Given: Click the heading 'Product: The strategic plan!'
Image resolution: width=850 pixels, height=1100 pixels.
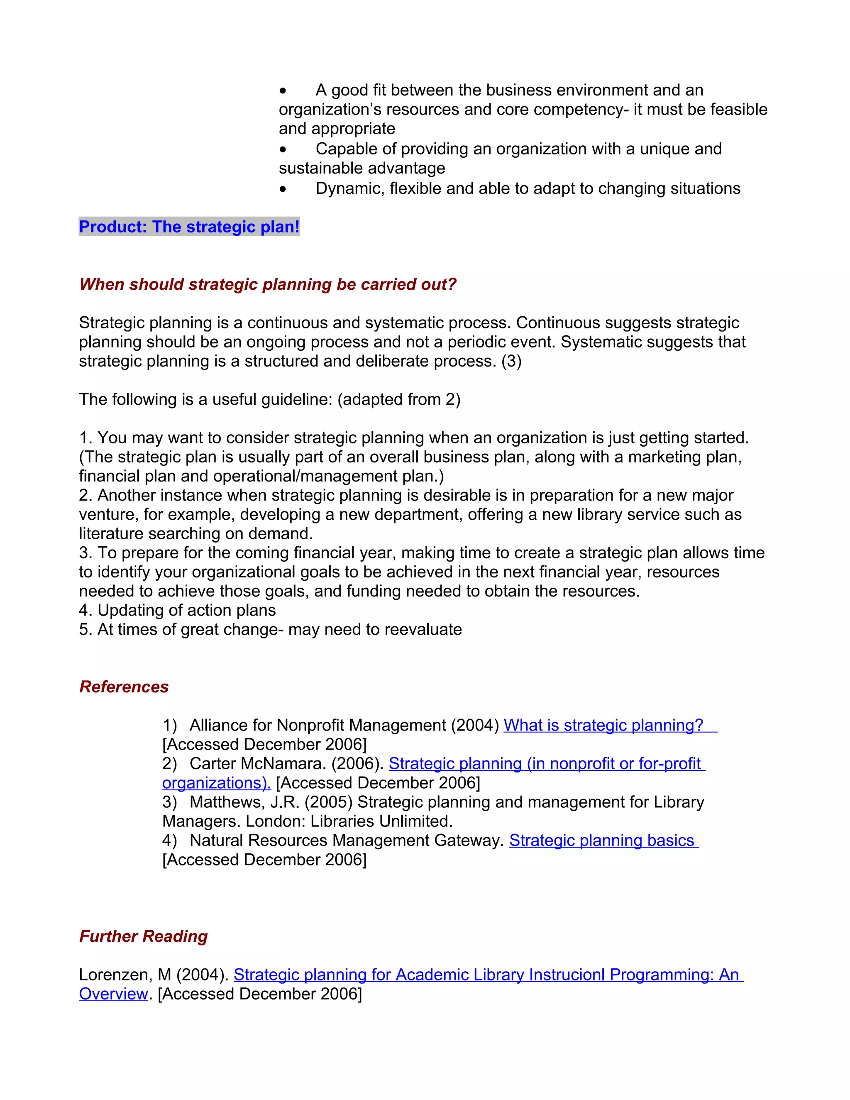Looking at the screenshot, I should point(189,227).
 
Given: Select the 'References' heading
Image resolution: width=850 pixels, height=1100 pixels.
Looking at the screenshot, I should point(124,687).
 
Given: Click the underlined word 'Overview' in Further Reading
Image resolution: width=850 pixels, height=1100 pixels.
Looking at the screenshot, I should point(113,994).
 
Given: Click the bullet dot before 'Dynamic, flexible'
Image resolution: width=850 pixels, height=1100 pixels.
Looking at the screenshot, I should point(283,189).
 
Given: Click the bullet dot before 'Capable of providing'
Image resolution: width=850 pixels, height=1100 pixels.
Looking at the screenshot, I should point(283,149).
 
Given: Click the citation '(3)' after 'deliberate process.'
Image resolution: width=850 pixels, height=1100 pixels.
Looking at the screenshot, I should point(511,361).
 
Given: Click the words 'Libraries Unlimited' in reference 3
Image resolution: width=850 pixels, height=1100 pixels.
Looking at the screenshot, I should point(380,821).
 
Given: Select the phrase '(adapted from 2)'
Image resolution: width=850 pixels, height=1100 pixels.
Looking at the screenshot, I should point(399,399).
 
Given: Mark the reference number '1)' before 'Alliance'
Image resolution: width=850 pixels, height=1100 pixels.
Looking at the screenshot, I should point(169,725).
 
